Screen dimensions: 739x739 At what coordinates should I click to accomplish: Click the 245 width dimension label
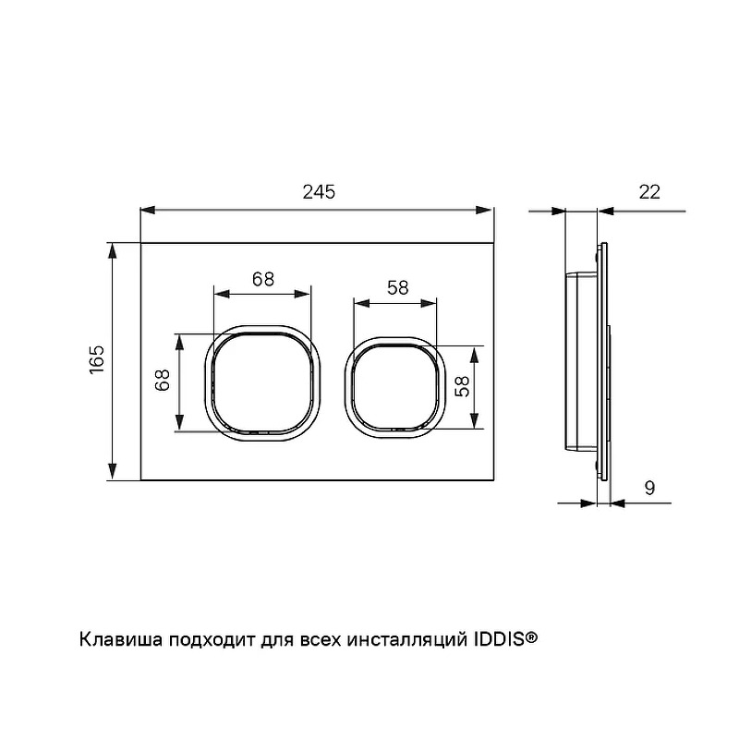point(319,192)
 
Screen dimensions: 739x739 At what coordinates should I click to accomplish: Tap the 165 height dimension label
point(97,359)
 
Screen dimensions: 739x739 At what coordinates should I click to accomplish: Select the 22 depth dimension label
point(649,192)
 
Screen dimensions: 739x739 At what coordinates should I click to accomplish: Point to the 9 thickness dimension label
point(649,488)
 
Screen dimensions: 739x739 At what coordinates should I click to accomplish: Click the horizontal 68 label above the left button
point(263,279)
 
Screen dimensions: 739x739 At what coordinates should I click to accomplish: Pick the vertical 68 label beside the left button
point(163,380)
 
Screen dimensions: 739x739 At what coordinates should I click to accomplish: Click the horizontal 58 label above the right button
point(398,287)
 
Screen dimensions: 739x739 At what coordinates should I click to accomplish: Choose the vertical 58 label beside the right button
point(463,386)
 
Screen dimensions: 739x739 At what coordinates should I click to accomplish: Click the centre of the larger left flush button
point(262,382)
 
